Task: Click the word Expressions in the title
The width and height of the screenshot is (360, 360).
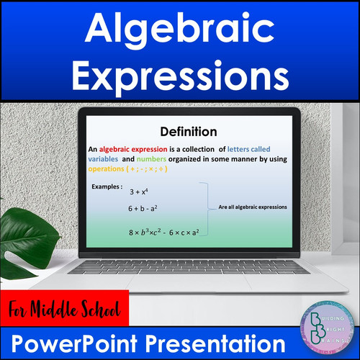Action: (180, 74)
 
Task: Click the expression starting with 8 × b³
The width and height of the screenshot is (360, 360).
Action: (164, 231)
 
